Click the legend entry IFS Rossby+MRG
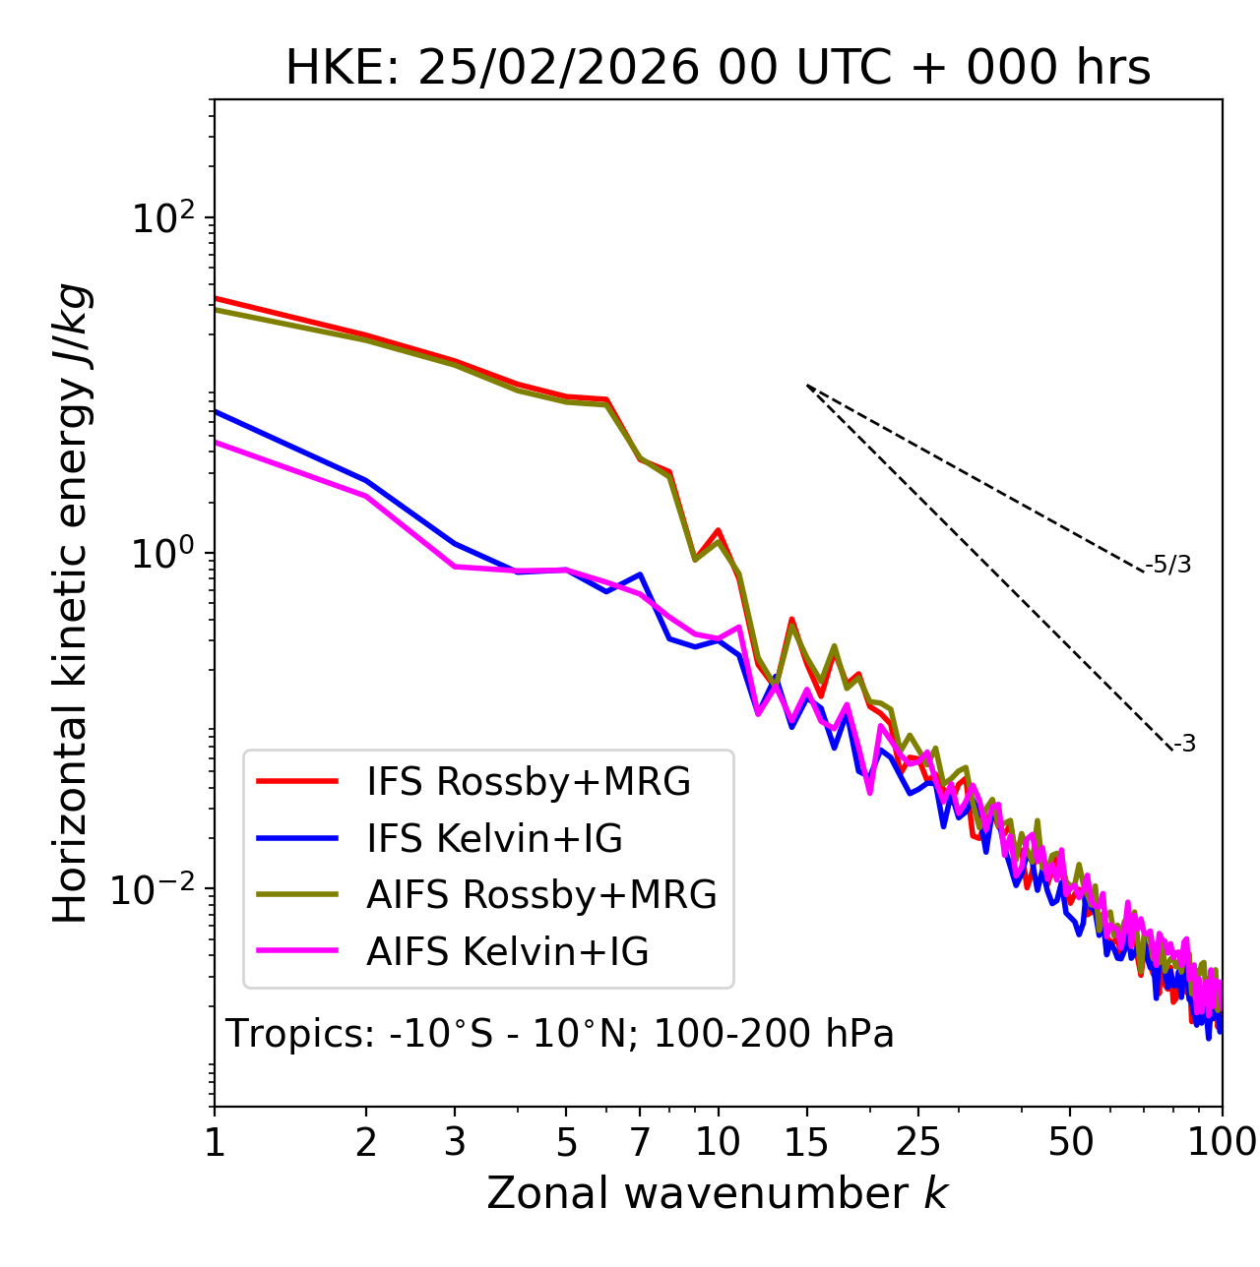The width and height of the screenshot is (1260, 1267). click(528, 782)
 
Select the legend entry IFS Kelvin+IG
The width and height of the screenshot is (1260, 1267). click(494, 839)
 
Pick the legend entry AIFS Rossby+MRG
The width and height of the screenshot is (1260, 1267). click(541, 895)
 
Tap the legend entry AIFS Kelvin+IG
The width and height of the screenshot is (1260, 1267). click(507, 952)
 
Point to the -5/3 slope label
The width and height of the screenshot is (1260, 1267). click(1168, 565)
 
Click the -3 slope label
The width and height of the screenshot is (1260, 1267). click(1184, 745)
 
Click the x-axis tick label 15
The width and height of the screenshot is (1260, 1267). click(806, 1142)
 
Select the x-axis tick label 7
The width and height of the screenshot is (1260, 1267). click(640, 1142)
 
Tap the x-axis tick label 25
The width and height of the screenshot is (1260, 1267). click(917, 1142)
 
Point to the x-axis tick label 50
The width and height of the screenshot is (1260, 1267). click(1070, 1142)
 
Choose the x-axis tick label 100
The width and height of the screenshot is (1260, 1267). click(1221, 1142)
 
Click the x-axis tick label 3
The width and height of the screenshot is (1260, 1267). click(454, 1142)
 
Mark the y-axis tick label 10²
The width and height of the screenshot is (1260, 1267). click(166, 217)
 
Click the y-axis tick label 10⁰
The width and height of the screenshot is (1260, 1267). click(166, 553)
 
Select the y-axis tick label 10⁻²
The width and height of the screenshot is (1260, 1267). click(157, 889)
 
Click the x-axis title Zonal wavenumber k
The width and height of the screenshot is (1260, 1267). click(718, 1193)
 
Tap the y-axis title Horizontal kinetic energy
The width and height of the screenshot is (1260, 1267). click(72, 604)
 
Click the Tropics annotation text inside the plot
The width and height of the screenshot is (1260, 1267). click(560, 1034)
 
